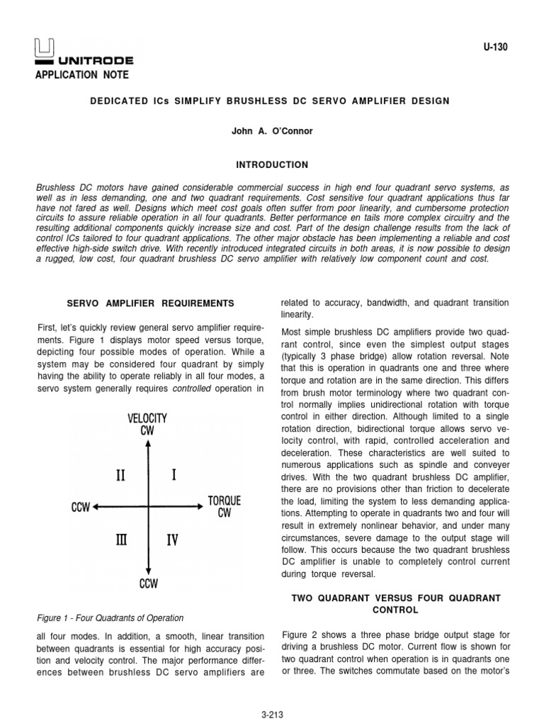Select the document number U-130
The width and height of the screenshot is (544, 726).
[x=496, y=47]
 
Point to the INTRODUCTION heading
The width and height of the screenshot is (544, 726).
[x=272, y=164]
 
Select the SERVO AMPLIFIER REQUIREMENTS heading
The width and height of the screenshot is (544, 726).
[x=149, y=303]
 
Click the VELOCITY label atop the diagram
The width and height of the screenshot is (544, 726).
[x=147, y=418]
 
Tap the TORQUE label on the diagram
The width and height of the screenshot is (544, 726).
[x=224, y=501]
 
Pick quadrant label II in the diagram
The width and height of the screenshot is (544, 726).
[x=122, y=475]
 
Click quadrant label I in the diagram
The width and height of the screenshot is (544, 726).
[x=174, y=475]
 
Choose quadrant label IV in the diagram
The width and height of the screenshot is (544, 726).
[x=173, y=540]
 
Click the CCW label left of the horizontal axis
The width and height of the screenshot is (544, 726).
[x=81, y=507]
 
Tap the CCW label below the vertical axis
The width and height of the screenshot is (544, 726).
[x=148, y=584]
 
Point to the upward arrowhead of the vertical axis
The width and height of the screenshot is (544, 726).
[x=147, y=444]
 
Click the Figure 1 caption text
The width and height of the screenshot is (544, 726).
[x=110, y=618]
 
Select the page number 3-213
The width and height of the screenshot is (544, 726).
[x=272, y=715]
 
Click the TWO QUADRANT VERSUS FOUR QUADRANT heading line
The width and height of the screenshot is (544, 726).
[x=396, y=598]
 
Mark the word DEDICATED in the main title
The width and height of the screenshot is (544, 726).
[x=118, y=101]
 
